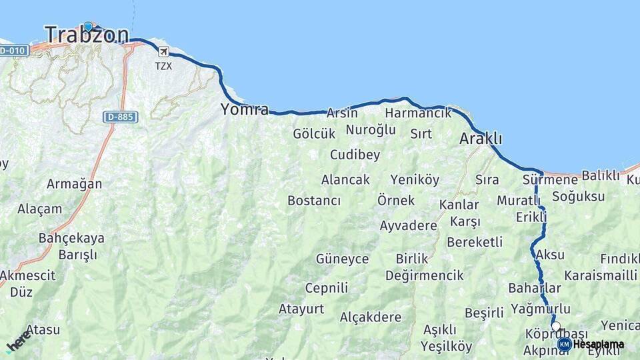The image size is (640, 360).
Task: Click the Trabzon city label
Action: click(86, 35)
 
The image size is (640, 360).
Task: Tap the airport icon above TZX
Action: click(163, 53)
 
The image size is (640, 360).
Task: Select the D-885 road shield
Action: click(121, 117)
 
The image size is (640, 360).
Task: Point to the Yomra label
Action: click(245, 109)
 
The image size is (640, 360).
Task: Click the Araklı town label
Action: click(481, 139)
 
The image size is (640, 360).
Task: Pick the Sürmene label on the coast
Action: click(550, 180)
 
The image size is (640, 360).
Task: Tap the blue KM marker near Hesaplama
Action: click(564, 344)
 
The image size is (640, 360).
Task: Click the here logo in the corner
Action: click(18, 341)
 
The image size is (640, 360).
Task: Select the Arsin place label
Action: click(342, 113)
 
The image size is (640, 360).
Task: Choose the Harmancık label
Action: click(418, 113)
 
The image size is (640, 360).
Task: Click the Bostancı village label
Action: click(314, 201)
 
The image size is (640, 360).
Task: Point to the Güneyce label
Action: click(342, 259)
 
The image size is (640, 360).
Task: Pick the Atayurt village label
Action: click(301, 309)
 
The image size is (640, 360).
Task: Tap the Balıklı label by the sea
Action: click(601, 175)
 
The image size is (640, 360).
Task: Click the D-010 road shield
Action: click(13, 51)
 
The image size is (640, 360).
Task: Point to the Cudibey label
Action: click(355, 155)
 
